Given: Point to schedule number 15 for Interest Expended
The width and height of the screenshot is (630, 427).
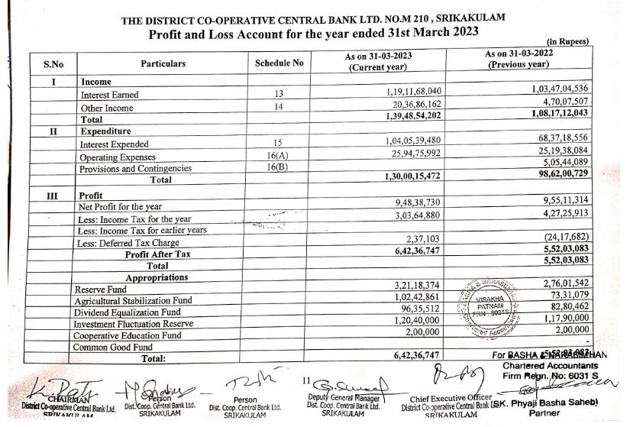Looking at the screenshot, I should tap(279, 142).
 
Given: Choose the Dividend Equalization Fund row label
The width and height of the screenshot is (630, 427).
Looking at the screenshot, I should tap(127, 312).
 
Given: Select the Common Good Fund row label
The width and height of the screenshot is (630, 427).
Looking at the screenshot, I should tap(111, 347).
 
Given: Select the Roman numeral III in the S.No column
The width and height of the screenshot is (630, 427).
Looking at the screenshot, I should tap(52, 195).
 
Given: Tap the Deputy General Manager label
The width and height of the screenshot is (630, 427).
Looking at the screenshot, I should tap(343, 397).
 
